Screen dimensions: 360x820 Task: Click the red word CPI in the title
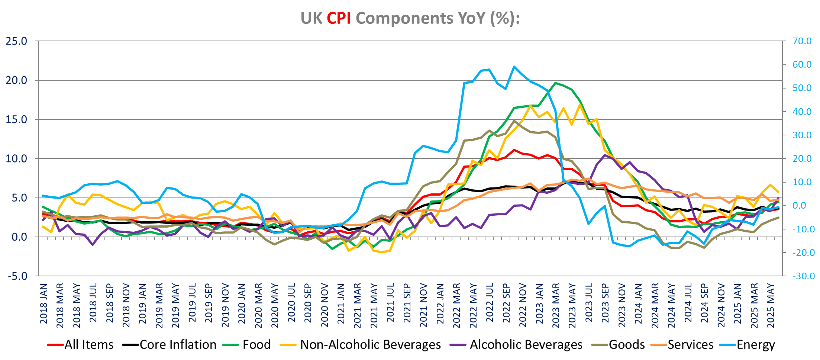[x=339, y=18]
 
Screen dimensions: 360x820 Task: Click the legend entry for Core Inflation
[x=178, y=345]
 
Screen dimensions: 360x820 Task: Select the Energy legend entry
[x=755, y=345]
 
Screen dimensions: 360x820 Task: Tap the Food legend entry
[x=256, y=345]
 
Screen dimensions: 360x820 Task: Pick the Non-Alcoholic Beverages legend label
[x=370, y=345]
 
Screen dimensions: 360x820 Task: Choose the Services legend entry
[x=690, y=345]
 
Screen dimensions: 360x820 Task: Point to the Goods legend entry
[x=627, y=345]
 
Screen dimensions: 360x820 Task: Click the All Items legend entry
[x=89, y=345]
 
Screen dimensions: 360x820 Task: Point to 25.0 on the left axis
[x=16, y=41]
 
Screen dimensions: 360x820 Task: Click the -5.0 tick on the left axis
[x=16, y=276]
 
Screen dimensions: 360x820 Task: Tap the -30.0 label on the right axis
[x=803, y=276]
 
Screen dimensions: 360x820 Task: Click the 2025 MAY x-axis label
[x=771, y=306]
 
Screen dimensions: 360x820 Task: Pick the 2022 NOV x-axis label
[x=523, y=305]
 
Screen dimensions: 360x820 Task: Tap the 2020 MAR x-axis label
[x=258, y=306]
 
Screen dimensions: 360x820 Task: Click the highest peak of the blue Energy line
[x=514, y=67]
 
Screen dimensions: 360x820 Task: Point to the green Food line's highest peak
[x=555, y=83]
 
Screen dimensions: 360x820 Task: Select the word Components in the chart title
[x=404, y=18]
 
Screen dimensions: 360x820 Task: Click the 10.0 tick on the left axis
[x=16, y=159]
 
